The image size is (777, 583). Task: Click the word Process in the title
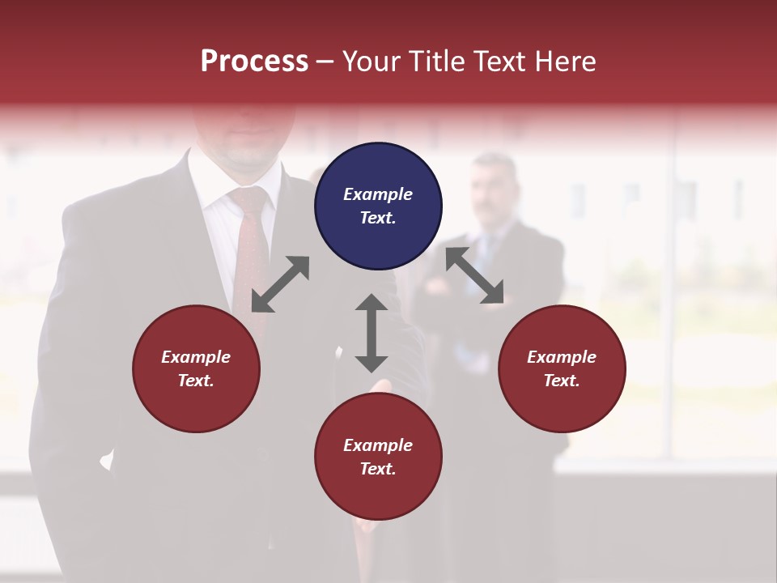point(254,62)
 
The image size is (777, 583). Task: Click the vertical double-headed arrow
point(372,333)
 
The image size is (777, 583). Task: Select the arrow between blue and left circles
point(280,284)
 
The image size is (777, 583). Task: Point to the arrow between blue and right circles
point(475,275)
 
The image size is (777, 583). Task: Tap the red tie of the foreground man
point(250,243)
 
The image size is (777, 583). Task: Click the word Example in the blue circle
point(378,194)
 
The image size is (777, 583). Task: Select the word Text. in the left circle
point(196,381)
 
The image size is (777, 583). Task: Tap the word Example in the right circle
point(562,357)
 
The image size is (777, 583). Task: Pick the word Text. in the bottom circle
point(378,469)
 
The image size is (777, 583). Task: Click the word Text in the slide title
point(501,62)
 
